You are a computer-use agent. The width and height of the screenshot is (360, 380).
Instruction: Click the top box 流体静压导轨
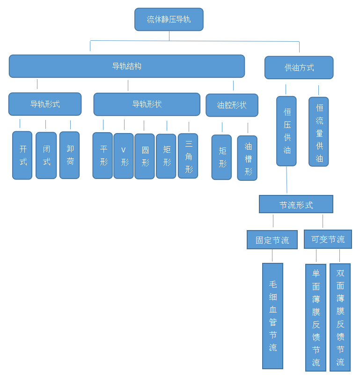pos(169,19)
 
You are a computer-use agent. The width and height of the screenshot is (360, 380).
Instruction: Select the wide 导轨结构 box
pos(126,66)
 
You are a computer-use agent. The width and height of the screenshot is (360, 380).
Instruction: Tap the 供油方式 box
pos(299,67)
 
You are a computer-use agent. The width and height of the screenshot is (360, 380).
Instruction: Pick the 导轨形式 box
pos(45,104)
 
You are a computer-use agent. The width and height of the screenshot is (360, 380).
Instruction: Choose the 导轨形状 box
pos(147,104)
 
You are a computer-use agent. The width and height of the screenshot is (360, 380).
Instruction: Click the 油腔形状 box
pos(232,105)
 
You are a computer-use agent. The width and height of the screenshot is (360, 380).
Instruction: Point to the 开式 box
pos(22,155)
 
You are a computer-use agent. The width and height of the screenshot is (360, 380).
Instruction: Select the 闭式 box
pos(46,155)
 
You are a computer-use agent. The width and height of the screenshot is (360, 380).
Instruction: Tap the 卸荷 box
pos(70,155)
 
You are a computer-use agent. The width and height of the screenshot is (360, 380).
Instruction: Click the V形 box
pos(124,156)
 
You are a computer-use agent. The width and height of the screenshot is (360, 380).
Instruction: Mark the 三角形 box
pos(188,156)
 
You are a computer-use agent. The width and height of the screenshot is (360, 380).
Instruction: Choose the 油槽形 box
pos(247,158)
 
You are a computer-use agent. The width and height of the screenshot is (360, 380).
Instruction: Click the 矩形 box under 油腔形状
pos(221,157)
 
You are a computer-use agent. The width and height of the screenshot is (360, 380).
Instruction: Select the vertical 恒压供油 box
pos(287,131)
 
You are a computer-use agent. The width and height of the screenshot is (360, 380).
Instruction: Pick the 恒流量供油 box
pos(319,132)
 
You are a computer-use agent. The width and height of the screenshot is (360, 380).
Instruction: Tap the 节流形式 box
pos(296,204)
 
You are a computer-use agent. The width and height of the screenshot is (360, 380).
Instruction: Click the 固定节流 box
pos(272,240)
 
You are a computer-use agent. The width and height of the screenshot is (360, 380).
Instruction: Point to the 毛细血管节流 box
pos(272,316)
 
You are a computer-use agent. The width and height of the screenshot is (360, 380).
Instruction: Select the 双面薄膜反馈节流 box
pos(340,317)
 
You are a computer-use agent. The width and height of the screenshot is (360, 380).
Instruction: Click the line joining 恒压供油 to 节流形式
pos(287,181)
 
